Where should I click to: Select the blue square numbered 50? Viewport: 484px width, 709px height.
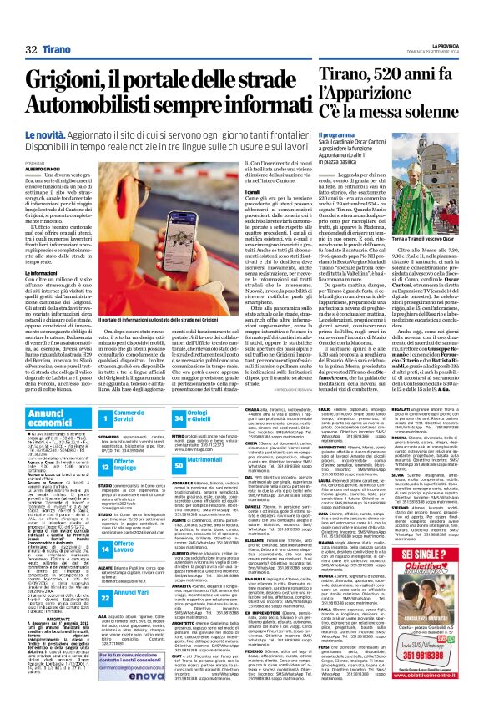coord(202,459)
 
